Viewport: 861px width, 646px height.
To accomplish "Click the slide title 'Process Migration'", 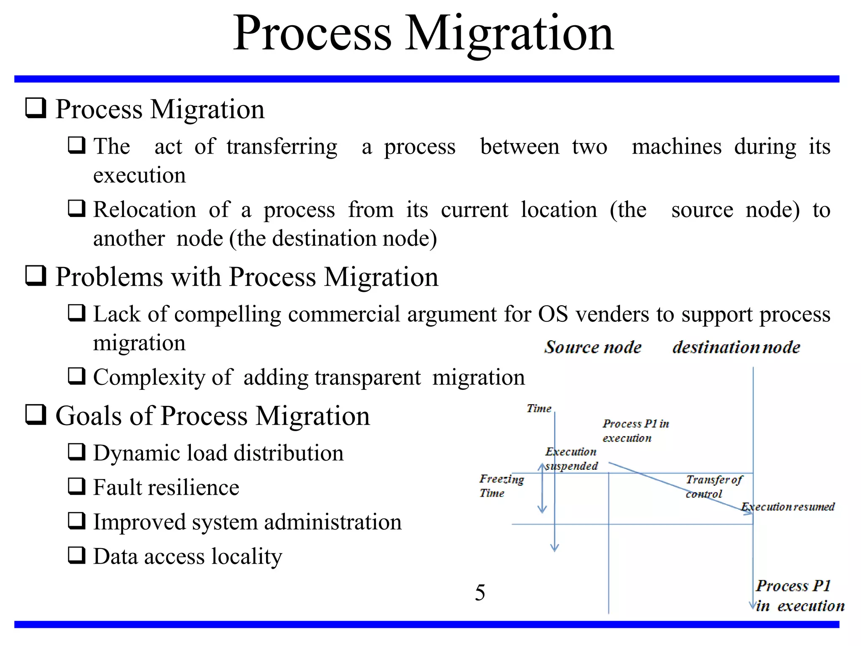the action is click(423, 34).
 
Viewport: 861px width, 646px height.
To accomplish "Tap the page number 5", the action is click(480, 592).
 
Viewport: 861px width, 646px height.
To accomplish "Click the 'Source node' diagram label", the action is click(593, 347).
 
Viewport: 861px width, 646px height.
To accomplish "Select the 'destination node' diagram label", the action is click(736, 347).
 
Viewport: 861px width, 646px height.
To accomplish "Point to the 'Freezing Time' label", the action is click(501, 486).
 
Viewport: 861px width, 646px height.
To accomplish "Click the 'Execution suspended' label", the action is click(571, 458).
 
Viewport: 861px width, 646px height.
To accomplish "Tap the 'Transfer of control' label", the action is click(713, 486).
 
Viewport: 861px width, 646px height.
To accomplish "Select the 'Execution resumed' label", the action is click(788, 506).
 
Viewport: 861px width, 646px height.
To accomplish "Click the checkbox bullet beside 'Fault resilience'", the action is click(77, 486).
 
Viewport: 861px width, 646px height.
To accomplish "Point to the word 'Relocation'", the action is click(145, 209).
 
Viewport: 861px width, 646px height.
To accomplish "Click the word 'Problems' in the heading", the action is click(109, 277).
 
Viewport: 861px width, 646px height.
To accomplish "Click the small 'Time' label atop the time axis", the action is click(539, 408).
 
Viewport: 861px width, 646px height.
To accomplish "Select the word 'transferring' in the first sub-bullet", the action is click(282, 147).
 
